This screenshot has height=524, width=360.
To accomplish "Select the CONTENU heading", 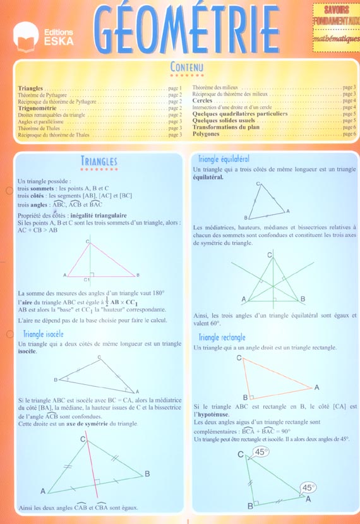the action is coord(186,66).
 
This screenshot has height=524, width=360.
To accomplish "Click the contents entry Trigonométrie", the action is coord(39,108).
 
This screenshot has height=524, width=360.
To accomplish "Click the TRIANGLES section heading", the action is coord(99,161).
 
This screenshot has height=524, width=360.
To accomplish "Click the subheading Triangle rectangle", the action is coord(222,338).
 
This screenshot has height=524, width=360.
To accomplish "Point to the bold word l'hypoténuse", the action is coord(212,413).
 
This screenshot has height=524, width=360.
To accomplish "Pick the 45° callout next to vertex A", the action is coord(308,487).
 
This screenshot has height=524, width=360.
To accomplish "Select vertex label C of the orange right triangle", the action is coord(239,358).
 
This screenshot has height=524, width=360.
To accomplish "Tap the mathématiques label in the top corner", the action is coord(335,38).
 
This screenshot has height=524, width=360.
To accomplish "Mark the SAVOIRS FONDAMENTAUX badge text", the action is coord(335,16).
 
